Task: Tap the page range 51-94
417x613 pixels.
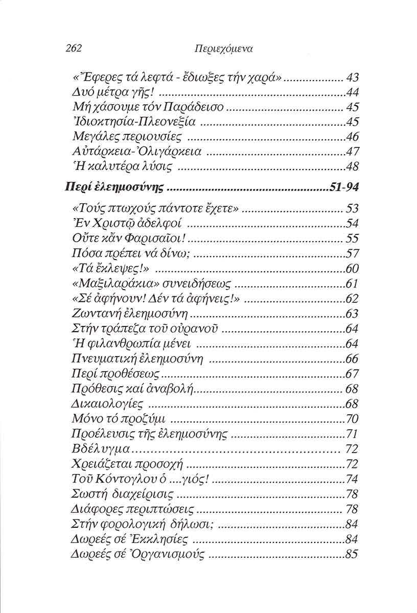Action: click(344, 187)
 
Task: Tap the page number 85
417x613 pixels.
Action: click(352, 554)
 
